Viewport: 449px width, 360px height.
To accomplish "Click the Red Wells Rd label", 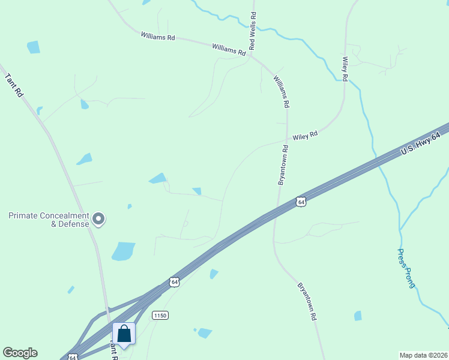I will tap(253, 31).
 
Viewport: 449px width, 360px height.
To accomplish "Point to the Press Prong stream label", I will tap(406, 268).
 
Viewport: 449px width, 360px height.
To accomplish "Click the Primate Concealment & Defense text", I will tap(49, 220).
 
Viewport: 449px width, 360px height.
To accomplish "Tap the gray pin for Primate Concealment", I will tap(100, 220).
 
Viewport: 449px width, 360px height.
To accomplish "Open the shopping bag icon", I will tap(124, 334).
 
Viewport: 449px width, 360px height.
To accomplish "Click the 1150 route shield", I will tap(160, 315).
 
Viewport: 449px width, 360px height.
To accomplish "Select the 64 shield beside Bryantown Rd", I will tap(301, 202).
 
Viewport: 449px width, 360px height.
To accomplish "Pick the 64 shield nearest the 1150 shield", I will tap(174, 281).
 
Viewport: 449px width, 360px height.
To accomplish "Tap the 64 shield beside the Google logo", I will tap(72, 356).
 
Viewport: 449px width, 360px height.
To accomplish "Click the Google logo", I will tap(20, 353).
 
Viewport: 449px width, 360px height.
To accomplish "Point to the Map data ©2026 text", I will tap(423, 355).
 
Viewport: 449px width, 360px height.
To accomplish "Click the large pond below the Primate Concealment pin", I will tap(124, 251).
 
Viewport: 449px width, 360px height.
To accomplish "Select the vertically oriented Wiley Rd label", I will tap(345, 69).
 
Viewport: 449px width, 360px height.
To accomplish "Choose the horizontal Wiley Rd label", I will tap(305, 137).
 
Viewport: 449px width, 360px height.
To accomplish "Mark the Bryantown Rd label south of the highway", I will tap(307, 301).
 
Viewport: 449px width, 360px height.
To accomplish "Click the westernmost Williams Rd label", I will tap(158, 37).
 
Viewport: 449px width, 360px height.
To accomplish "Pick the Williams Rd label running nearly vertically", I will tap(282, 91).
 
